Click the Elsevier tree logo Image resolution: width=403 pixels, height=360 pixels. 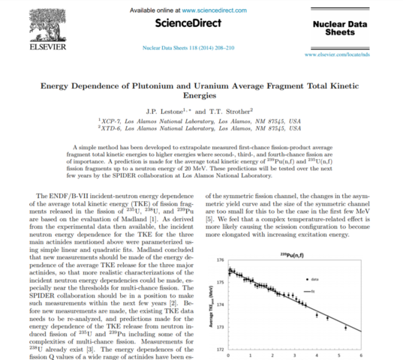pyautogui.click(x=26, y=22)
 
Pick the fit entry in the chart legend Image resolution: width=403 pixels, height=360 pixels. pyautogui.click(x=344, y=289)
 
